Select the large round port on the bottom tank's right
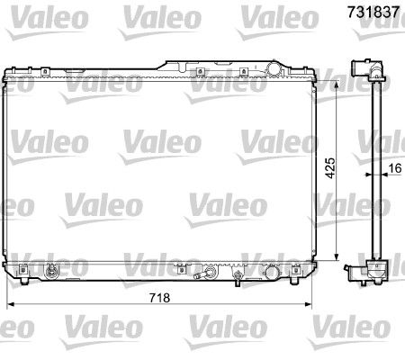272,272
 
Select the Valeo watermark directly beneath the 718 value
162,322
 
